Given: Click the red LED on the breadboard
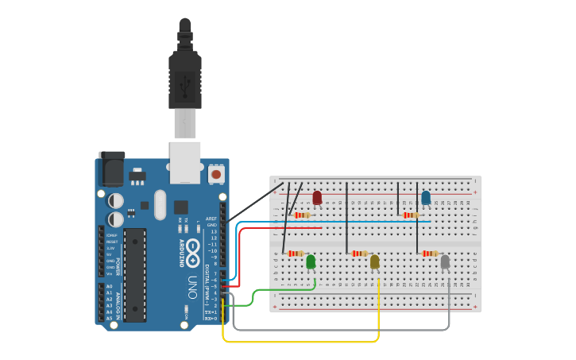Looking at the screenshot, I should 317,197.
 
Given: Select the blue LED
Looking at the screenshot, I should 426,197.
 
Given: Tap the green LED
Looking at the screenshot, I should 311,261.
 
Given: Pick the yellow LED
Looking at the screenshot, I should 375,261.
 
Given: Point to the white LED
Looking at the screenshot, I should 445,261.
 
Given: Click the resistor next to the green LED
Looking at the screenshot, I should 296,254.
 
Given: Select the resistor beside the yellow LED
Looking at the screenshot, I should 359,254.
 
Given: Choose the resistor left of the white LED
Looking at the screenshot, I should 430,254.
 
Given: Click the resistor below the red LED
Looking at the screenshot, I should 302,215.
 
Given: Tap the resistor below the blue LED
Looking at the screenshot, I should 411,215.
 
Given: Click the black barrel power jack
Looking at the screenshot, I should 110,169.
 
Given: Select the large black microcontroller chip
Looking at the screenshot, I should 135,275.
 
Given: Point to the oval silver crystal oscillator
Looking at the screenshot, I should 160,204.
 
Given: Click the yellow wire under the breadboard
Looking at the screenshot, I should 302,342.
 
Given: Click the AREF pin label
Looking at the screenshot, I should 211,219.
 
